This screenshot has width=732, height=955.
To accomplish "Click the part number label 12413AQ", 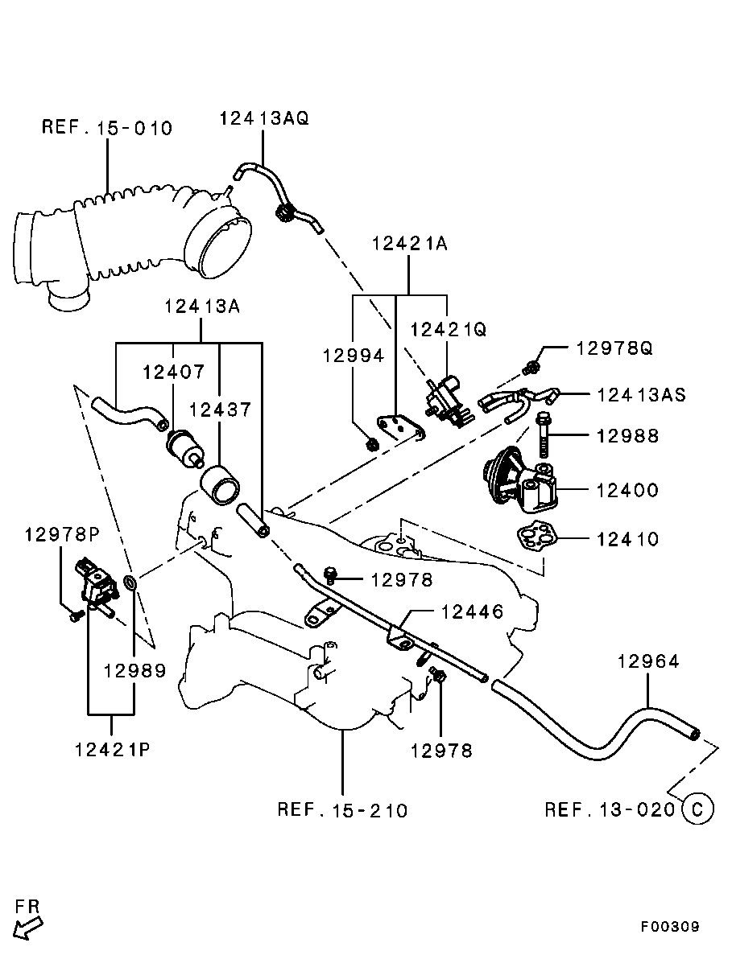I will point(263,118).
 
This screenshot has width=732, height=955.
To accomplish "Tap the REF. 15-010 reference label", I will point(107,128).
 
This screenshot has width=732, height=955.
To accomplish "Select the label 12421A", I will point(409,243).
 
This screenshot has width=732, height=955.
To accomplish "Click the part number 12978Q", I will point(614,348).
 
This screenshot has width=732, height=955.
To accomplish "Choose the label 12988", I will point(627,436).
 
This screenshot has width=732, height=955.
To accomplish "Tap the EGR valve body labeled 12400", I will point(523,480).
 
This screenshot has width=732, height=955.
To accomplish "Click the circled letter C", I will point(697,809).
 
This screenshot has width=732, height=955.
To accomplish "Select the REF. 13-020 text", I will point(609,809).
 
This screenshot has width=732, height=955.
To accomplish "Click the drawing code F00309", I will point(670,927).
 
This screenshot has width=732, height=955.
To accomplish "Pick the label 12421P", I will point(112,750).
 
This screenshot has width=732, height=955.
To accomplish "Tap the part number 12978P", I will point(61,534).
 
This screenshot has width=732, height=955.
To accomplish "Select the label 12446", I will point(472,612).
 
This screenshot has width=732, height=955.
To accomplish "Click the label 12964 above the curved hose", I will point(648,662).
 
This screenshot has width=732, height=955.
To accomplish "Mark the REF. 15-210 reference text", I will point(342,809).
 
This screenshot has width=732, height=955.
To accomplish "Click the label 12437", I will point(221,410).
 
